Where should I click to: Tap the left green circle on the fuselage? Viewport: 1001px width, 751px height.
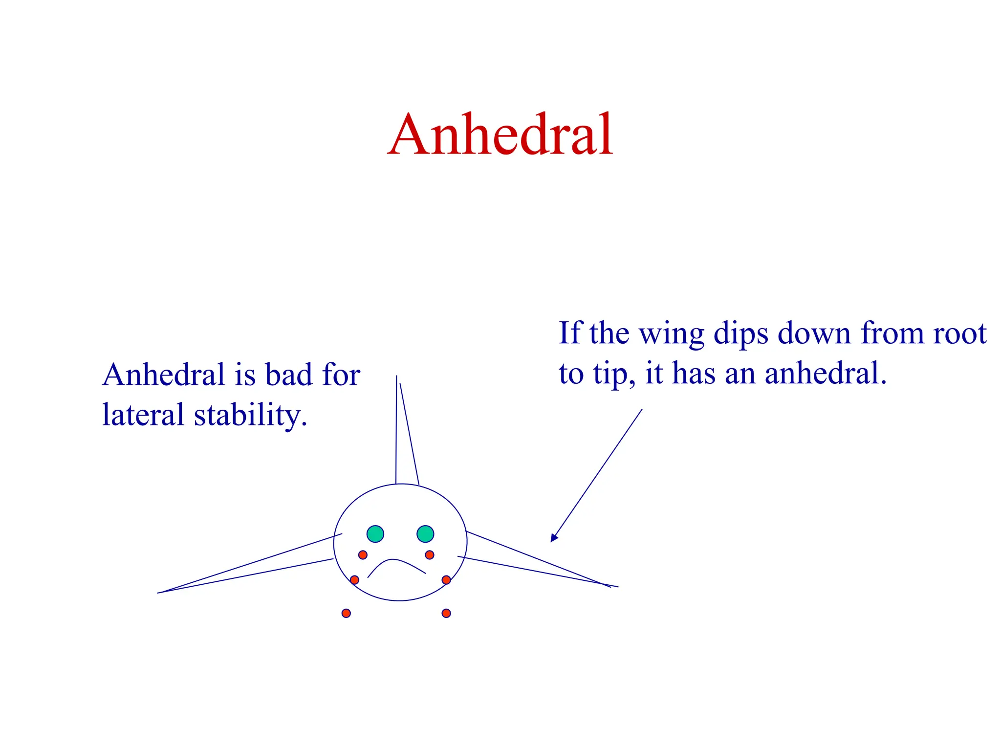click(x=375, y=533)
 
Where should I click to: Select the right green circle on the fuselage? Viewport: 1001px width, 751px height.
click(x=425, y=533)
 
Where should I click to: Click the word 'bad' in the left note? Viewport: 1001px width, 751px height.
click(x=288, y=375)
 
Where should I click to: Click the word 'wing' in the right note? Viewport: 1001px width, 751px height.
click(x=672, y=335)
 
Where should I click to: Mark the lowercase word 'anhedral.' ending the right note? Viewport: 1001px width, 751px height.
click(x=826, y=374)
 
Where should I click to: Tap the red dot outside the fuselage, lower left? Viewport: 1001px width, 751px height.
click(x=346, y=613)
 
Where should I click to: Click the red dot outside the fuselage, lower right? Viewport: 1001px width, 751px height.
click(x=446, y=613)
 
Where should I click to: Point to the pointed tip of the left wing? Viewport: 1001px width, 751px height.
click(x=159, y=593)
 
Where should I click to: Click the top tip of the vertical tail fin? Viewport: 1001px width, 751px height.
click(x=396, y=377)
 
